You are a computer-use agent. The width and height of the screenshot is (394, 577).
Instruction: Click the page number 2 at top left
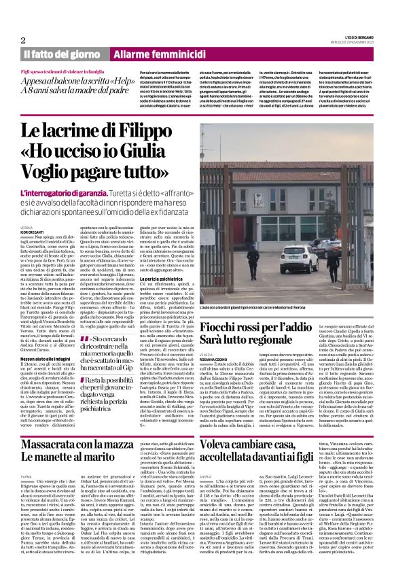[x=24, y=40]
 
